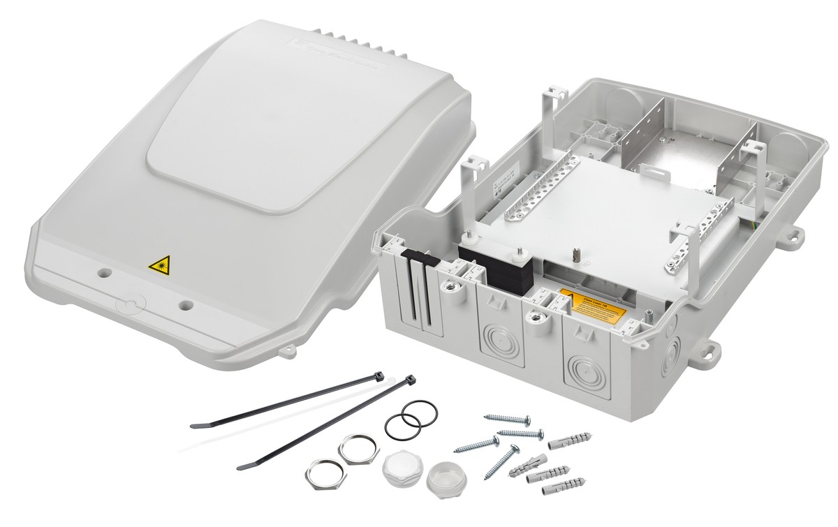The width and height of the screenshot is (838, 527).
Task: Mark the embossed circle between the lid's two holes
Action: point(129,304)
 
